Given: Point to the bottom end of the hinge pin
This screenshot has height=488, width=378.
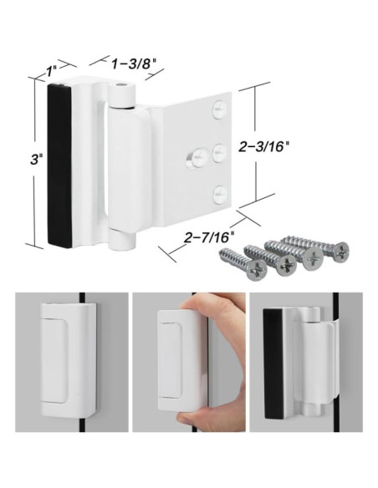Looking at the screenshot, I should (x=125, y=244).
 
